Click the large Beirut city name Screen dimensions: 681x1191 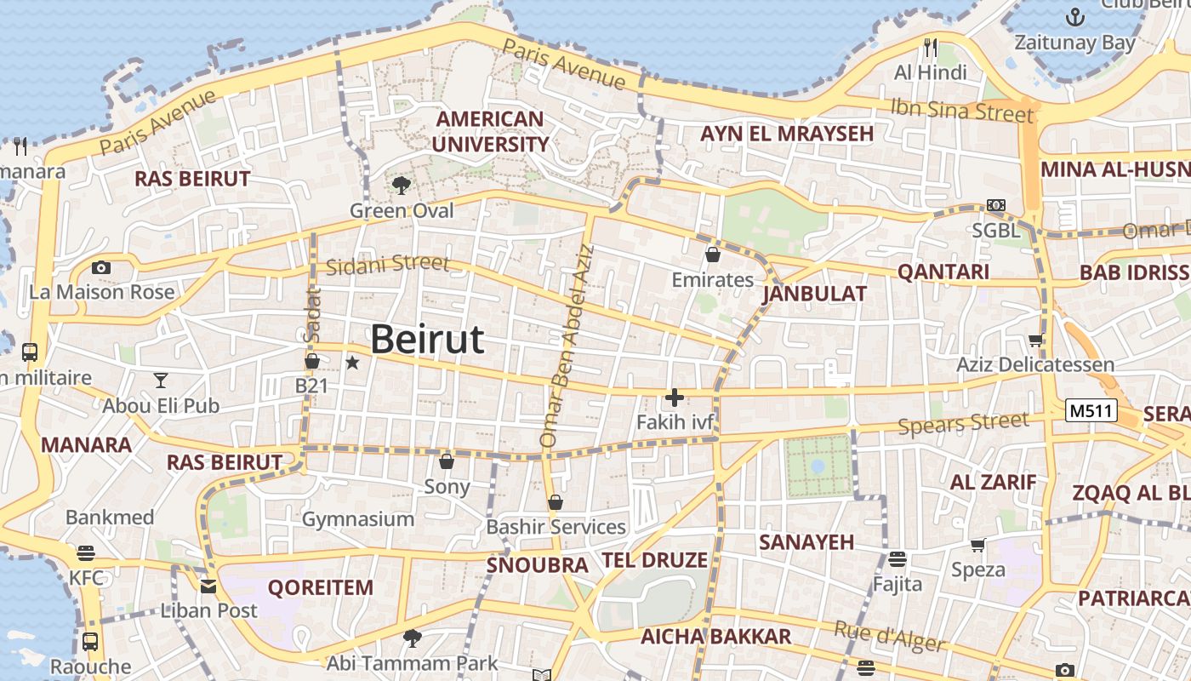pos(427,339)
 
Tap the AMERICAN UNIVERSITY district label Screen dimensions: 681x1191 pos(489,131)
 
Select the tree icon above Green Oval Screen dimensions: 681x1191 pos(402,185)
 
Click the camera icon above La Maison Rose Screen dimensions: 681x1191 pos(101,267)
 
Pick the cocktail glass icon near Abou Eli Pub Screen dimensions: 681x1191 pos(160,380)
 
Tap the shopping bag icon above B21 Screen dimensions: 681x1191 pos(312,361)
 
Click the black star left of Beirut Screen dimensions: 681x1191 pos(352,363)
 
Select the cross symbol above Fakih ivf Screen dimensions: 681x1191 pos(675,398)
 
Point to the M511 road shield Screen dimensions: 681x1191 pos(1091,411)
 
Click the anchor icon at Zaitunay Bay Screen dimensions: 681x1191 pos(1075,16)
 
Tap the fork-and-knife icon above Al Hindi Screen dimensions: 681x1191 pos(931,47)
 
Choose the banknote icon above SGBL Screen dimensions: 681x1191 pos(996,205)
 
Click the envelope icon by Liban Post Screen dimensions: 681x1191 pos(208,586)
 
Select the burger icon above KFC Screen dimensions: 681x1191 pos(86,553)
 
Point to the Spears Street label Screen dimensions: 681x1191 pos(964,424)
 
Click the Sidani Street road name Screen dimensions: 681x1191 pos(387,264)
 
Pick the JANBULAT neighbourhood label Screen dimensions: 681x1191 pos(814,295)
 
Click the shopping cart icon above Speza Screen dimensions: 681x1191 pos(978,545)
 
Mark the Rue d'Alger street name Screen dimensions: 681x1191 pos(890,637)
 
